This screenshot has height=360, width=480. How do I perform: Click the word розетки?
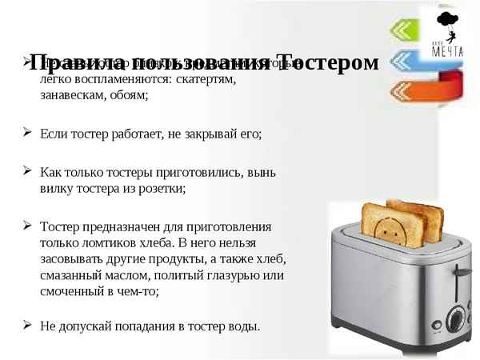(158, 188)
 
